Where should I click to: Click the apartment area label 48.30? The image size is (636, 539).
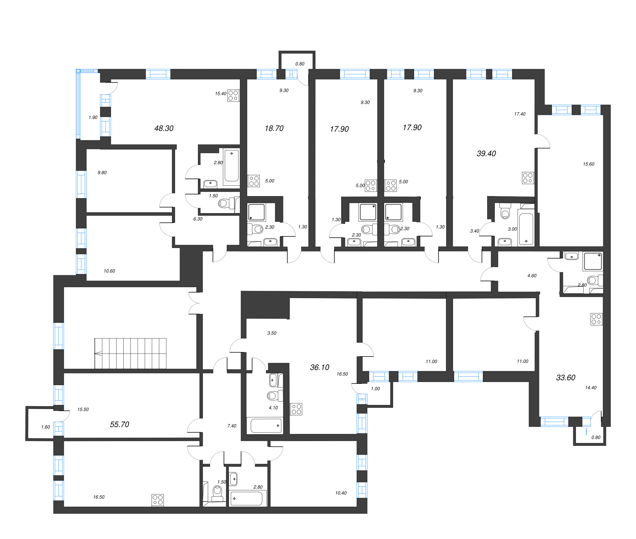pyautogui.click(x=164, y=128)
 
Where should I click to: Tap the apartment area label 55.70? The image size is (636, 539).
pyautogui.click(x=120, y=425)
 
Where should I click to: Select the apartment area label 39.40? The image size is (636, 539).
pyautogui.click(x=486, y=154)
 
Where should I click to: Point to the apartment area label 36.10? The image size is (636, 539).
pyautogui.click(x=320, y=367)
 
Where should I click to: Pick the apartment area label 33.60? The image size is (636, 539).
pyautogui.click(x=566, y=378)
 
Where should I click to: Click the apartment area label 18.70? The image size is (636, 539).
pyautogui.click(x=274, y=128)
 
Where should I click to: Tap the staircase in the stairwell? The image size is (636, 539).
pyautogui.click(x=131, y=354)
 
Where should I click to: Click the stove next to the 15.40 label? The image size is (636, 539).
pyautogui.click(x=233, y=95)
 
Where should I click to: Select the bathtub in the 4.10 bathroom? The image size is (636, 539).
pyautogui.click(x=266, y=426)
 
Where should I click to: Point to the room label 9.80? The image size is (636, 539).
pyautogui.click(x=102, y=173)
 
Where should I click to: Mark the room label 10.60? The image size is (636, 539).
pyautogui.click(x=109, y=271)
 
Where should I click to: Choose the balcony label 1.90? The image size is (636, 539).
pyautogui.click(x=93, y=117)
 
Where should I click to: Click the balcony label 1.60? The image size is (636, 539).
pyautogui.click(x=46, y=427)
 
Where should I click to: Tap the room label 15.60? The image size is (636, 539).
pyautogui.click(x=589, y=164)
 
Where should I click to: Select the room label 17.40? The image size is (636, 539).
pyautogui.click(x=520, y=114)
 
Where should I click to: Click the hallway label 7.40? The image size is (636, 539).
pyautogui.click(x=232, y=426)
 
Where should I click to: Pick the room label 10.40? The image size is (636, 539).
pyautogui.click(x=341, y=493)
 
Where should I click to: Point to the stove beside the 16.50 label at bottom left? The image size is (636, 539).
pyautogui.click(x=158, y=500)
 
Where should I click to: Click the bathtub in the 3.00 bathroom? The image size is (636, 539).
pyautogui.click(x=526, y=229)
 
